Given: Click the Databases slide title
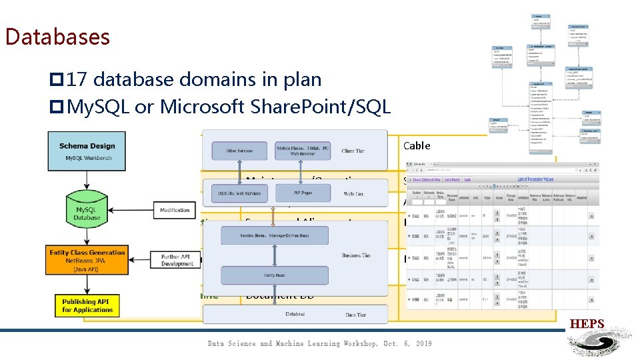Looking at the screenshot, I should pyautogui.click(x=57, y=36).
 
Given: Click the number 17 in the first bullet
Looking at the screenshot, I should pyautogui.click(x=77, y=80).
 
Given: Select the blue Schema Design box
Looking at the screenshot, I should pyautogui.click(x=87, y=151).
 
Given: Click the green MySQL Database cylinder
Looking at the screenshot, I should pyautogui.click(x=87, y=213).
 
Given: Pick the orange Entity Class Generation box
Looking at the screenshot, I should pyautogui.click(x=87, y=261).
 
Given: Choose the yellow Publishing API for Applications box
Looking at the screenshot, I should pyautogui.click(x=87, y=305).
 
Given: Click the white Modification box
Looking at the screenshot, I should pyautogui.click(x=175, y=210).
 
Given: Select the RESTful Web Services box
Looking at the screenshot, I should pyautogui.click(x=239, y=193).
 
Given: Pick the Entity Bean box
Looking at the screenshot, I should pyautogui.click(x=273, y=275).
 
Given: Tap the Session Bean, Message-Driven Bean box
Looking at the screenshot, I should pyautogui.click(x=273, y=235).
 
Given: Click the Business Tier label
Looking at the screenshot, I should pyautogui.click(x=355, y=255).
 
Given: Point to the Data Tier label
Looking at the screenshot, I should pyautogui.click(x=355, y=315).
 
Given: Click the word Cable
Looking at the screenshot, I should pyautogui.click(x=417, y=145).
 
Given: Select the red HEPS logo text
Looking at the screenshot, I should pyautogui.click(x=587, y=324).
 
